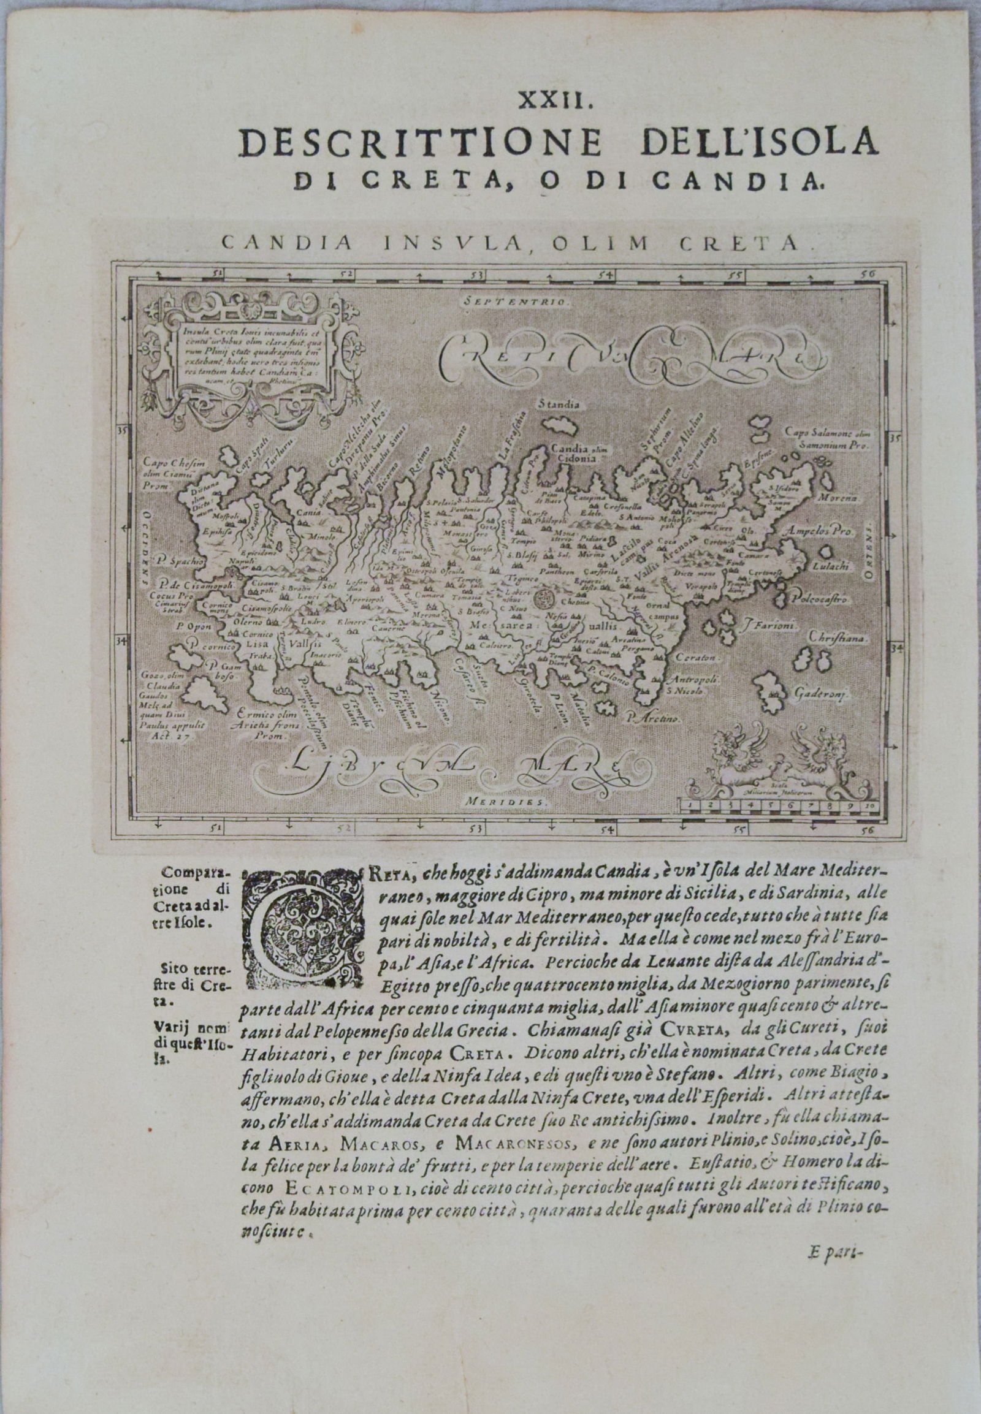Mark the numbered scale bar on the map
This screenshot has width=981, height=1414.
(777, 804)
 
